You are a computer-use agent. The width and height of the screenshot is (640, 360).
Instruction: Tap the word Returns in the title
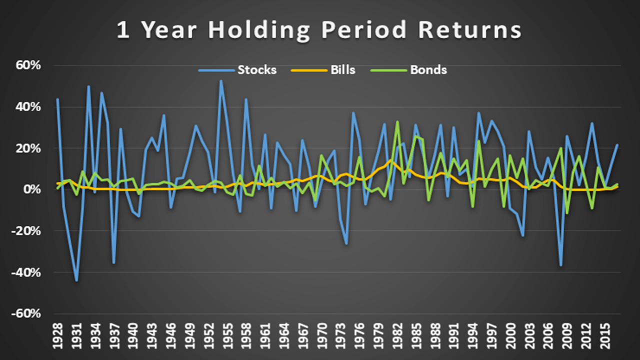click(470, 29)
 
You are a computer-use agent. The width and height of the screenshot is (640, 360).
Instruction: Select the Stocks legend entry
click(237, 70)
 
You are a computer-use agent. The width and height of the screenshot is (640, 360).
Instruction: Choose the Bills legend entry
click(323, 70)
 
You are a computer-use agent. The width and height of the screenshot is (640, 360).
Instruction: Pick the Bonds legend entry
click(408, 70)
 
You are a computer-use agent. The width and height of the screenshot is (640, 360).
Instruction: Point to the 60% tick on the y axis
click(28, 65)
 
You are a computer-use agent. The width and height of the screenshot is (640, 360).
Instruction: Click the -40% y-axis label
click(26, 273)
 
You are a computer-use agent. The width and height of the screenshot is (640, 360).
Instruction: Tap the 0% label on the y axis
click(32, 189)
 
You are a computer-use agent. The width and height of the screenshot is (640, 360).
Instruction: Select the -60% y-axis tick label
click(26, 313)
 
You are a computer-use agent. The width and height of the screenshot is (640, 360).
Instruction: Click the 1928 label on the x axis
click(57, 336)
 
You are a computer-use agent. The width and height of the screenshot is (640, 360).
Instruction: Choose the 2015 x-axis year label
click(605, 336)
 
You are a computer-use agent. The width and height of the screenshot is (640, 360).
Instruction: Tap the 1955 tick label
click(227, 336)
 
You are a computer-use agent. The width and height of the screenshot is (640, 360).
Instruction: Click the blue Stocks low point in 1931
click(76, 280)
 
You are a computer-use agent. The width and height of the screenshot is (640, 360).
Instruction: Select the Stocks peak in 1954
click(221, 80)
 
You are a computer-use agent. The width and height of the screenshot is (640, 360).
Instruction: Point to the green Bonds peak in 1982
click(397, 121)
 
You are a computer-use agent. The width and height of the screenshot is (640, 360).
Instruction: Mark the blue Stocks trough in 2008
click(561, 265)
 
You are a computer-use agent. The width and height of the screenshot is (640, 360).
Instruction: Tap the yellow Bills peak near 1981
click(391, 160)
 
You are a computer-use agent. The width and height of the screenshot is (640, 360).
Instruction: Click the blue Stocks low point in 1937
click(114, 263)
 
